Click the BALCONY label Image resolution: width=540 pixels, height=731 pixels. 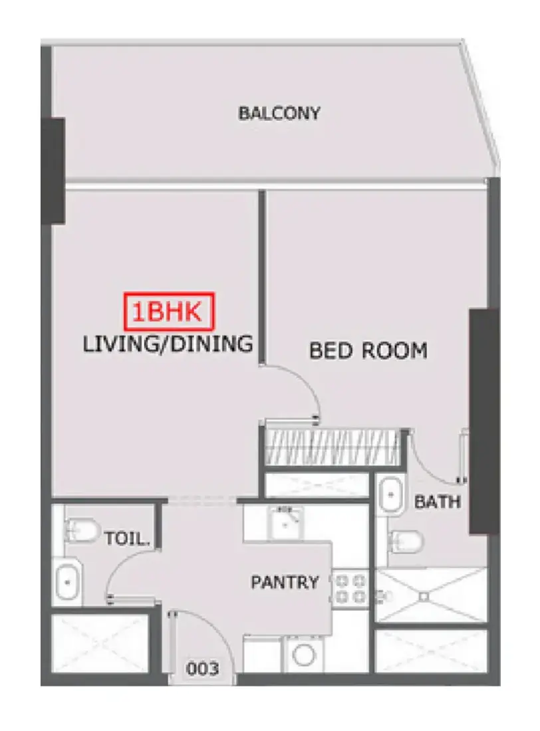click(279, 113)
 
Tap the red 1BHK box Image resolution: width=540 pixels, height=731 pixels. click(168, 311)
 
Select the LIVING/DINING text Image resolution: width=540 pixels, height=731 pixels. click(168, 344)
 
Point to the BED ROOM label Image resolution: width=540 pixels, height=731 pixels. click(368, 351)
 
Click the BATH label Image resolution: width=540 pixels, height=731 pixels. click(438, 502)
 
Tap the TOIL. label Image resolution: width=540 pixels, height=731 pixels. click(127, 539)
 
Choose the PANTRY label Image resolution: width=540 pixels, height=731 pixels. click(285, 582)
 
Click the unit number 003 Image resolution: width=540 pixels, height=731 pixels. click(202, 669)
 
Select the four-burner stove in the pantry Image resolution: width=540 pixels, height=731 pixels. click(350, 589)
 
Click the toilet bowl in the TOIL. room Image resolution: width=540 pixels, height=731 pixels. click(82, 530)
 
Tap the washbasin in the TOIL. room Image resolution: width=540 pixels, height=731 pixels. click(68, 581)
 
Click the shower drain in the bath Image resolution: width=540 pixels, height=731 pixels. click(424, 596)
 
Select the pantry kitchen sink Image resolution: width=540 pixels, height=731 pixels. click(285, 523)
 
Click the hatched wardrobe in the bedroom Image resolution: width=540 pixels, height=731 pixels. click(333, 447)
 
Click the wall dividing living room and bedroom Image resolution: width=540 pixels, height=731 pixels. click(262, 276)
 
